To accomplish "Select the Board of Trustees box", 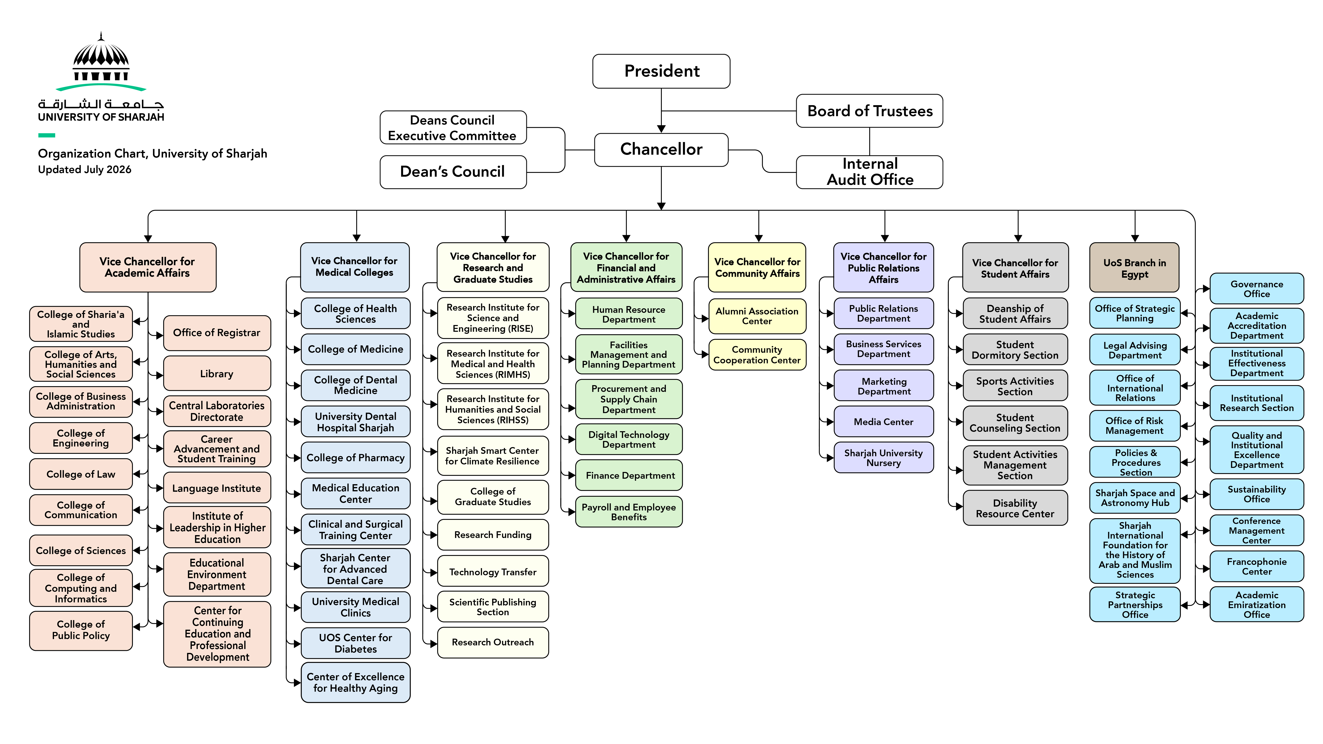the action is pos(869,111).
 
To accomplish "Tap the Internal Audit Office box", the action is pos(869,172).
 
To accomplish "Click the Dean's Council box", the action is pos(453,172).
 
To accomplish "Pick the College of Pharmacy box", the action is pos(355,457).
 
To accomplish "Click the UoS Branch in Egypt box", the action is pos(1134,268).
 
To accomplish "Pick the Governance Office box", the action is pos(1257,289).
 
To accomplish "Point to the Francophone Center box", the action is pos(1257,566).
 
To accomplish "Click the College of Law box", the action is pos(81,474).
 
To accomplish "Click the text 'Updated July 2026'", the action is pos(85,169).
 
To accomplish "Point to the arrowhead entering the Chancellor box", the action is pos(662,129).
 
